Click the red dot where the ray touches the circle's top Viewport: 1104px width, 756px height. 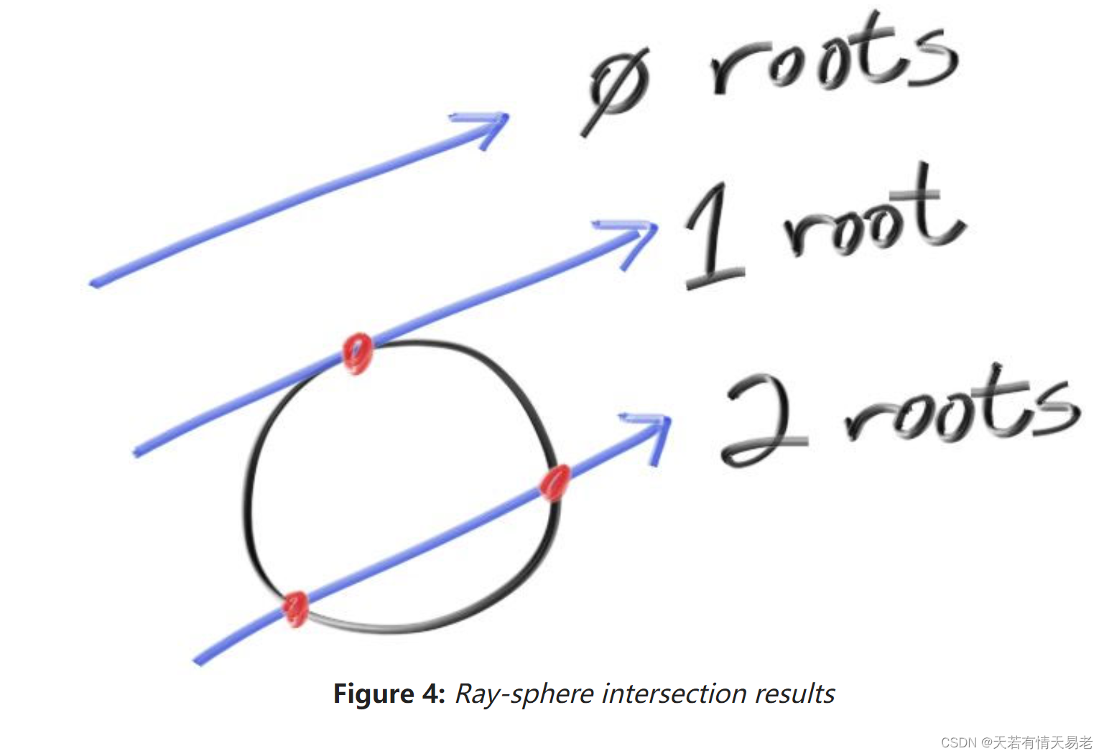point(357,353)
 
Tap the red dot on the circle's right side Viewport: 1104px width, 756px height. point(555,482)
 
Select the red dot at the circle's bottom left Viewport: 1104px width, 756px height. point(294,609)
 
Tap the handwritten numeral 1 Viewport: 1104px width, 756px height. point(713,237)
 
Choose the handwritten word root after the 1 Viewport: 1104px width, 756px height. point(873,215)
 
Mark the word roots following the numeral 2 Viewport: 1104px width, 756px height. point(962,409)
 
